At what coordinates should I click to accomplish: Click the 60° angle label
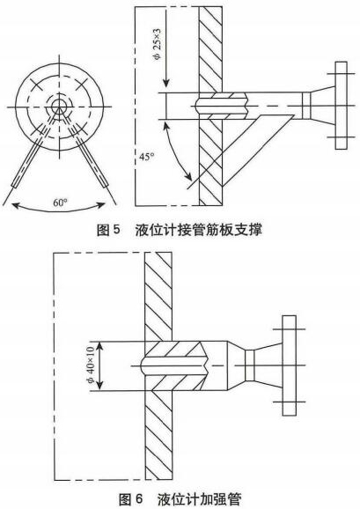pos(61,203)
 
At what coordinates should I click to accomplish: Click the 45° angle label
pos(147,157)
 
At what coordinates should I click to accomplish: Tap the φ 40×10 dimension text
pos(91,365)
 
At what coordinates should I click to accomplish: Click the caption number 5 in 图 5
pos(117,230)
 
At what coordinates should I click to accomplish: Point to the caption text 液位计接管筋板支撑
pos(199,230)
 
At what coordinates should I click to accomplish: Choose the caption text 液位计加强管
pos(200,499)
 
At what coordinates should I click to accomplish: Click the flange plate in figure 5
pos(341,106)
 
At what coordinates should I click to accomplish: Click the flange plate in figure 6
pos(289,365)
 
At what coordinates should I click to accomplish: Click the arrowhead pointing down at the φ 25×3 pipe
pos(165,82)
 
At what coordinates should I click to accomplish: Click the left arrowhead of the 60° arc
pos(16,204)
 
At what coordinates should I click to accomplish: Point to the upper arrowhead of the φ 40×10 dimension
pos(99,347)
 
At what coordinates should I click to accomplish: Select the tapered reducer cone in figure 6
pos(236,365)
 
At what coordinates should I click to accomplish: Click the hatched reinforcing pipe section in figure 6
pos(175,365)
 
